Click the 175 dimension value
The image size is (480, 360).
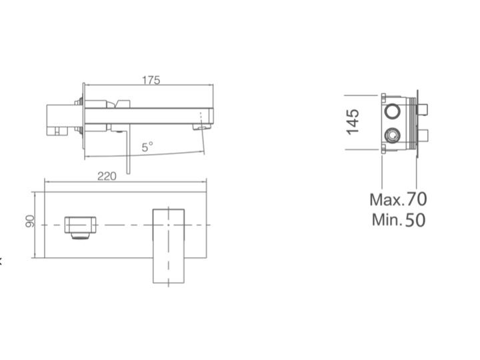point(151,80)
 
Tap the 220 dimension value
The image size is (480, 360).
point(107,176)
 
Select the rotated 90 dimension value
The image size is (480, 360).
point(30,221)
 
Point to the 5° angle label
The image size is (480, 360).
point(147,147)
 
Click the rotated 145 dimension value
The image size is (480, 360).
point(353,121)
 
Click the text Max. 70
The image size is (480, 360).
point(398,199)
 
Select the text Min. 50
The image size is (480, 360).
point(399,220)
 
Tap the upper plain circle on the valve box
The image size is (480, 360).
point(392,111)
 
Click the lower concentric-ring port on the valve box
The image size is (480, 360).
point(392,135)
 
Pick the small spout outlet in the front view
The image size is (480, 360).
point(80,225)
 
